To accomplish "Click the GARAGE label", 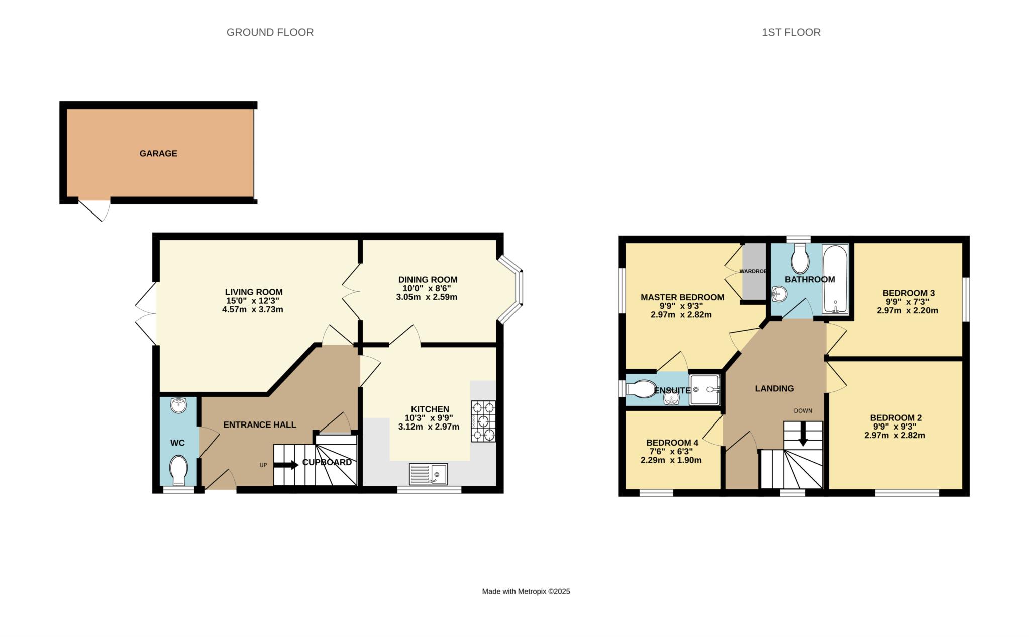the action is [x=158, y=153].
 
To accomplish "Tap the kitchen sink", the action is [x=428, y=474].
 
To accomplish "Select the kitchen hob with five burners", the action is [x=483, y=421].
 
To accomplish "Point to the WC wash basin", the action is [x=178, y=405].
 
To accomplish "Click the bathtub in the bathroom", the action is [x=836, y=279].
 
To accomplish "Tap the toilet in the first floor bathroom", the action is [x=800, y=259].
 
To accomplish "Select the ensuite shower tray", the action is [x=705, y=389].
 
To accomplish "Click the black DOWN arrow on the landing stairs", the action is [x=803, y=434].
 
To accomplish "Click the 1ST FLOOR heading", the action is [x=791, y=32].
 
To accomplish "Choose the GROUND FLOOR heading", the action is [x=270, y=32].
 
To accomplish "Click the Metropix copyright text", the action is [x=526, y=591].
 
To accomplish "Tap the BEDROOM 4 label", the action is [x=672, y=443].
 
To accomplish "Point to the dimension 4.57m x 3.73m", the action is [x=253, y=309].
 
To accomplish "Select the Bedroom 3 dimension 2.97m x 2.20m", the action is [x=907, y=310].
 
